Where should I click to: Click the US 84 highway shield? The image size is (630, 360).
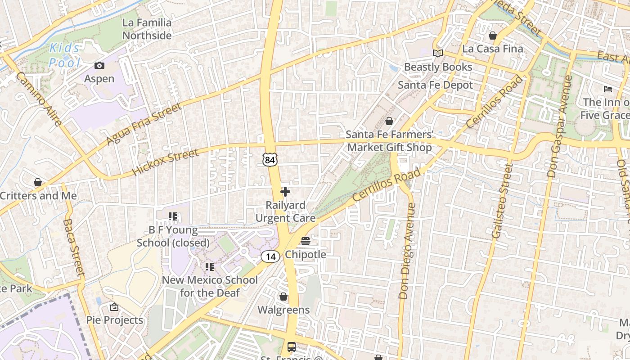(x=270, y=159)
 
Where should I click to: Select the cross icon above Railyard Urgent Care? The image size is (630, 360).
(x=285, y=192)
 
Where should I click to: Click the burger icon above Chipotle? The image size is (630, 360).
(x=306, y=241)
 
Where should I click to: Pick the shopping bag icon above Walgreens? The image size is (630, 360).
(x=283, y=297)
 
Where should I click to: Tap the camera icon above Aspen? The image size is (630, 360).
(x=99, y=66)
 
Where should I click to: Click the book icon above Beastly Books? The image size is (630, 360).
(x=437, y=54)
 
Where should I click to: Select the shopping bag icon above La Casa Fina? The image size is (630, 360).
(x=493, y=36)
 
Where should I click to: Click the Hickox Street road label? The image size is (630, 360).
(x=165, y=163)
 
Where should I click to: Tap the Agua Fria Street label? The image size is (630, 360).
(x=144, y=124)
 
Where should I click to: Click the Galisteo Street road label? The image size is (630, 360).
(x=502, y=201)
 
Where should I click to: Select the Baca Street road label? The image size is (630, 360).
(x=74, y=247)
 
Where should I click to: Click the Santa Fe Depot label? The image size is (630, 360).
(x=435, y=85)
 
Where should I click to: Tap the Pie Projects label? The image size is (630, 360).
(x=115, y=320)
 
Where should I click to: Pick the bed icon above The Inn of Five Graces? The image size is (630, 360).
(x=608, y=89)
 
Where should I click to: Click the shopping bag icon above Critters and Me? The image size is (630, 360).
(x=38, y=183)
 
